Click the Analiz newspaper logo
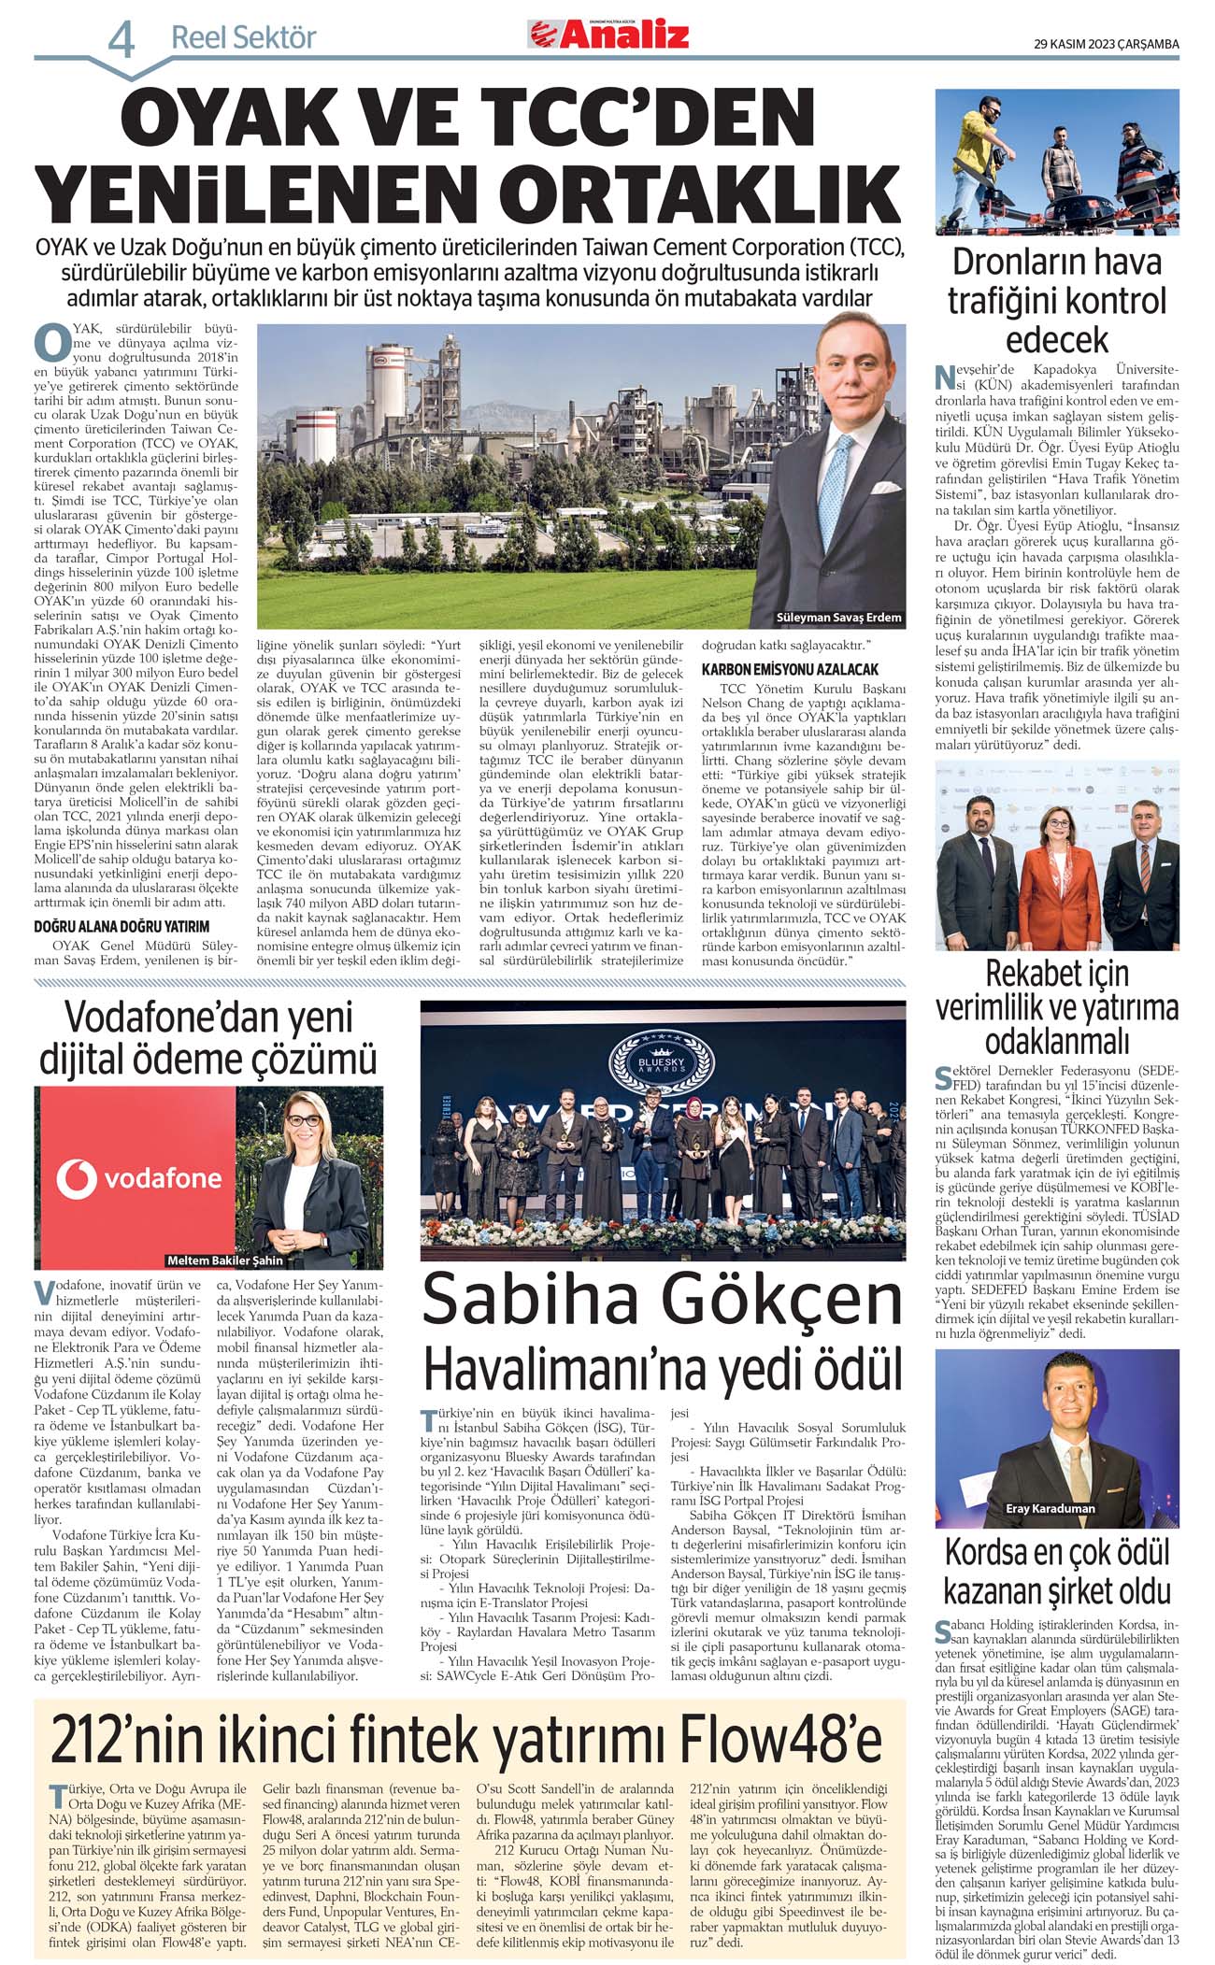click(x=608, y=35)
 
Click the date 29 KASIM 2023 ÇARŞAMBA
click(x=1106, y=44)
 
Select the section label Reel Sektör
click(x=243, y=38)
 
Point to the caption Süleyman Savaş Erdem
click(x=838, y=618)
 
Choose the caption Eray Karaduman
click(x=1050, y=1508)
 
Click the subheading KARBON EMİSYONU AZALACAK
click(x=790, y=670)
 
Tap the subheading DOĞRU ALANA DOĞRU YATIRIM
click(x=121, y=927)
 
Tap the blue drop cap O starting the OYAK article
click(x=50, y=343)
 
